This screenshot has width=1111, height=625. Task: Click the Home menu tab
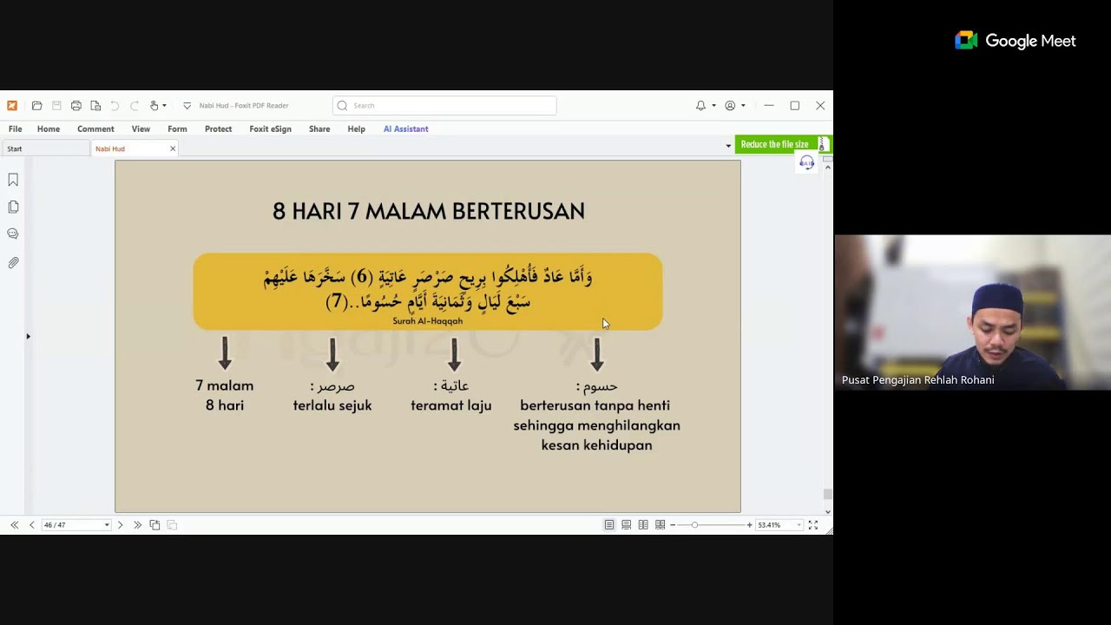[49, 128]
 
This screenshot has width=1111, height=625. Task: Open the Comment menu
[95, 128]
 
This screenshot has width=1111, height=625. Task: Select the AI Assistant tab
[405, 128]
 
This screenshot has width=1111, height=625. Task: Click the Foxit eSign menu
[270, 128]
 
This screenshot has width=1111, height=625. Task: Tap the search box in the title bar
[444, 106]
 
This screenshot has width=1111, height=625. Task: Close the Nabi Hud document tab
[173, 148]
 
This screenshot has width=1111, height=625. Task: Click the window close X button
[820, 106]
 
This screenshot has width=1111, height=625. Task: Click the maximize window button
[794, 106]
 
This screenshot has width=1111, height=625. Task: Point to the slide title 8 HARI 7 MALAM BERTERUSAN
[429, 211]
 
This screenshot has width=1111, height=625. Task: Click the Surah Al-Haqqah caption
[427, 321]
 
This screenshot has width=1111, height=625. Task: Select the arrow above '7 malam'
[225, 353]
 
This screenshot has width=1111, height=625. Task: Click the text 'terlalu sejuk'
[332, 405]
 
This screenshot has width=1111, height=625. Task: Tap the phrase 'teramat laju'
[451, 405]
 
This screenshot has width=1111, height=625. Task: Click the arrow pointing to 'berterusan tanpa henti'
[596, 353]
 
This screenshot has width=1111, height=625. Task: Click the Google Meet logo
[966, 41]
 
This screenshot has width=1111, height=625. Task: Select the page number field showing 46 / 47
[75, 525]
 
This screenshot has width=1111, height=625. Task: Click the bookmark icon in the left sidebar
[13, 180]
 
